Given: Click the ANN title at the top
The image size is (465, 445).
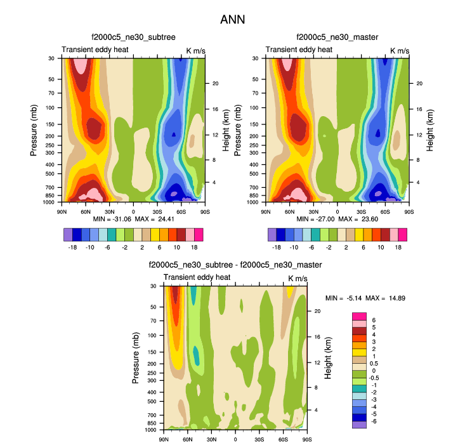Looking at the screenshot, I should pyautogui.click(x=232, y=20).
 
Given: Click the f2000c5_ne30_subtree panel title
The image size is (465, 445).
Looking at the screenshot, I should pyautogui.click(x=133, y=37).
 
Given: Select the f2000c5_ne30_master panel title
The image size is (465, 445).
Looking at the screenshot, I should pyautogui.click(x=337, y=37).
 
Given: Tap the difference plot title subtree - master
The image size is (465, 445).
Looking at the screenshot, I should pyautogui.click(x=235, y=265).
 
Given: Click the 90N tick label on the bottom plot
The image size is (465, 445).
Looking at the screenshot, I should pyautogui.click(x=164, y=439).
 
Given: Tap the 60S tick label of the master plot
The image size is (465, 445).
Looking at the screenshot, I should pyautogui.click(x=385, y=211).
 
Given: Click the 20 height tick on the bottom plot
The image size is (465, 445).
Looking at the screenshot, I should pyautogui.click(x=317, y=311).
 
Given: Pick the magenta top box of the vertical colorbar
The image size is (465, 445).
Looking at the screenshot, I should pyautogui.click(x=360, y=315).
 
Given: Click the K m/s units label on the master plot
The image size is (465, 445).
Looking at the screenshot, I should pyautogui.click(x=400, y=50).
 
